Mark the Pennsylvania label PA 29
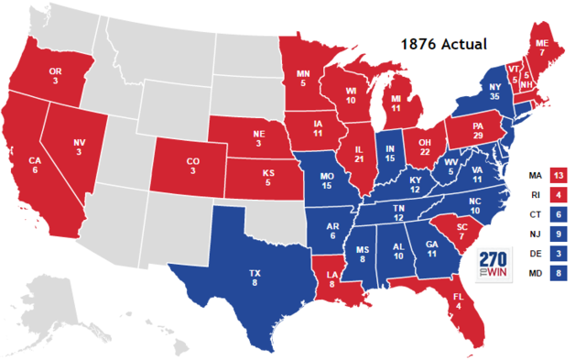(x=477, y=128)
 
